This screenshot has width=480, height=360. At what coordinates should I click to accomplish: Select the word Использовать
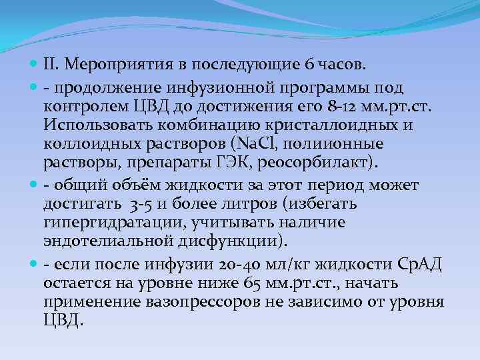pyautogui.click(x=99, y=124)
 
